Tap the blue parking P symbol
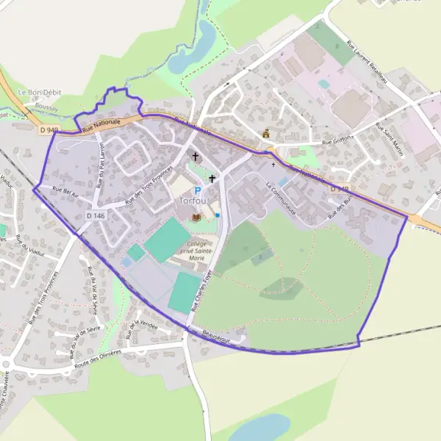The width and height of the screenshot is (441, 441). [197, 190]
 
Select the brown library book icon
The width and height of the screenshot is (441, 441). [196, 217]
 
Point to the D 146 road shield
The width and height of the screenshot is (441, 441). [96, 215]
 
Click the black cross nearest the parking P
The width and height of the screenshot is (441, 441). [212, 178]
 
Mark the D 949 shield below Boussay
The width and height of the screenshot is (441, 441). [49, 130]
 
